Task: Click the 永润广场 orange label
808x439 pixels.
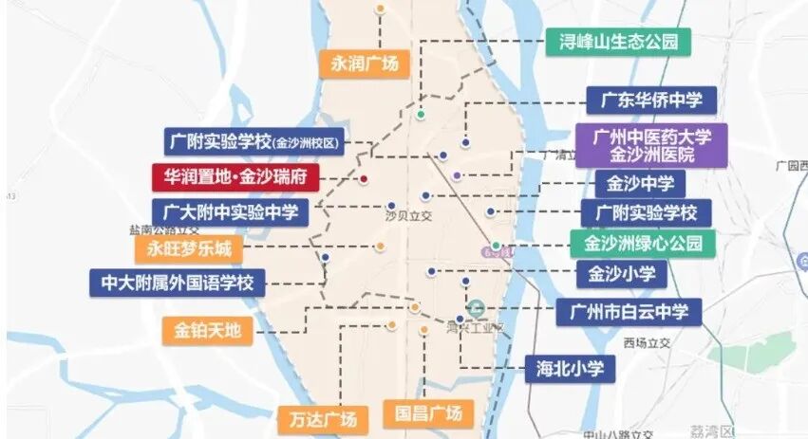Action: pos(364,64)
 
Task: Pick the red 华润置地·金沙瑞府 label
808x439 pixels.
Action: pos(235,177)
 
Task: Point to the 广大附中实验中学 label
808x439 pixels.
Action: pos(230,211)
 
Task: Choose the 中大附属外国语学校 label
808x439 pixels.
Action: pos(178,283)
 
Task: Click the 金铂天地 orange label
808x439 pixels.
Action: pos(208,331)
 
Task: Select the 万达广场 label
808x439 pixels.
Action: pos(322,418)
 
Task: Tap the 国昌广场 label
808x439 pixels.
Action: pos(427,413)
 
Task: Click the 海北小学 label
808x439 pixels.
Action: pos(570,368)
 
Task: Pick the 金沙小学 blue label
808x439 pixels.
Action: pos(622,275)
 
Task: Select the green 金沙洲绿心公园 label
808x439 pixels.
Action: pos(642,244)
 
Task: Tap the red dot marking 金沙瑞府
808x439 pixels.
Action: pos(363,178)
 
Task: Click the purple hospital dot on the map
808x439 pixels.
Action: pos(458,175)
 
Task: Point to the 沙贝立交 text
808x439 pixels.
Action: pos(408,217)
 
